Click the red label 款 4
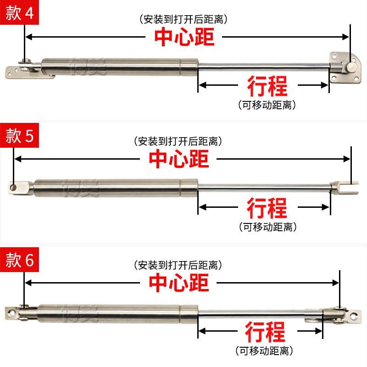[x=20, y=13]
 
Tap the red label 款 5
[x=20, y=135]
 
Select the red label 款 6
[x=20, y=260]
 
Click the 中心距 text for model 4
[x=184, y=37]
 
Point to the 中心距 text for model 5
[x=179, y=159]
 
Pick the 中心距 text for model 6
[x=179, y=283]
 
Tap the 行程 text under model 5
[x=267, y=208]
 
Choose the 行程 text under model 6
[x=265, y=331]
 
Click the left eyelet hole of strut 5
[x=14, y=187]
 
